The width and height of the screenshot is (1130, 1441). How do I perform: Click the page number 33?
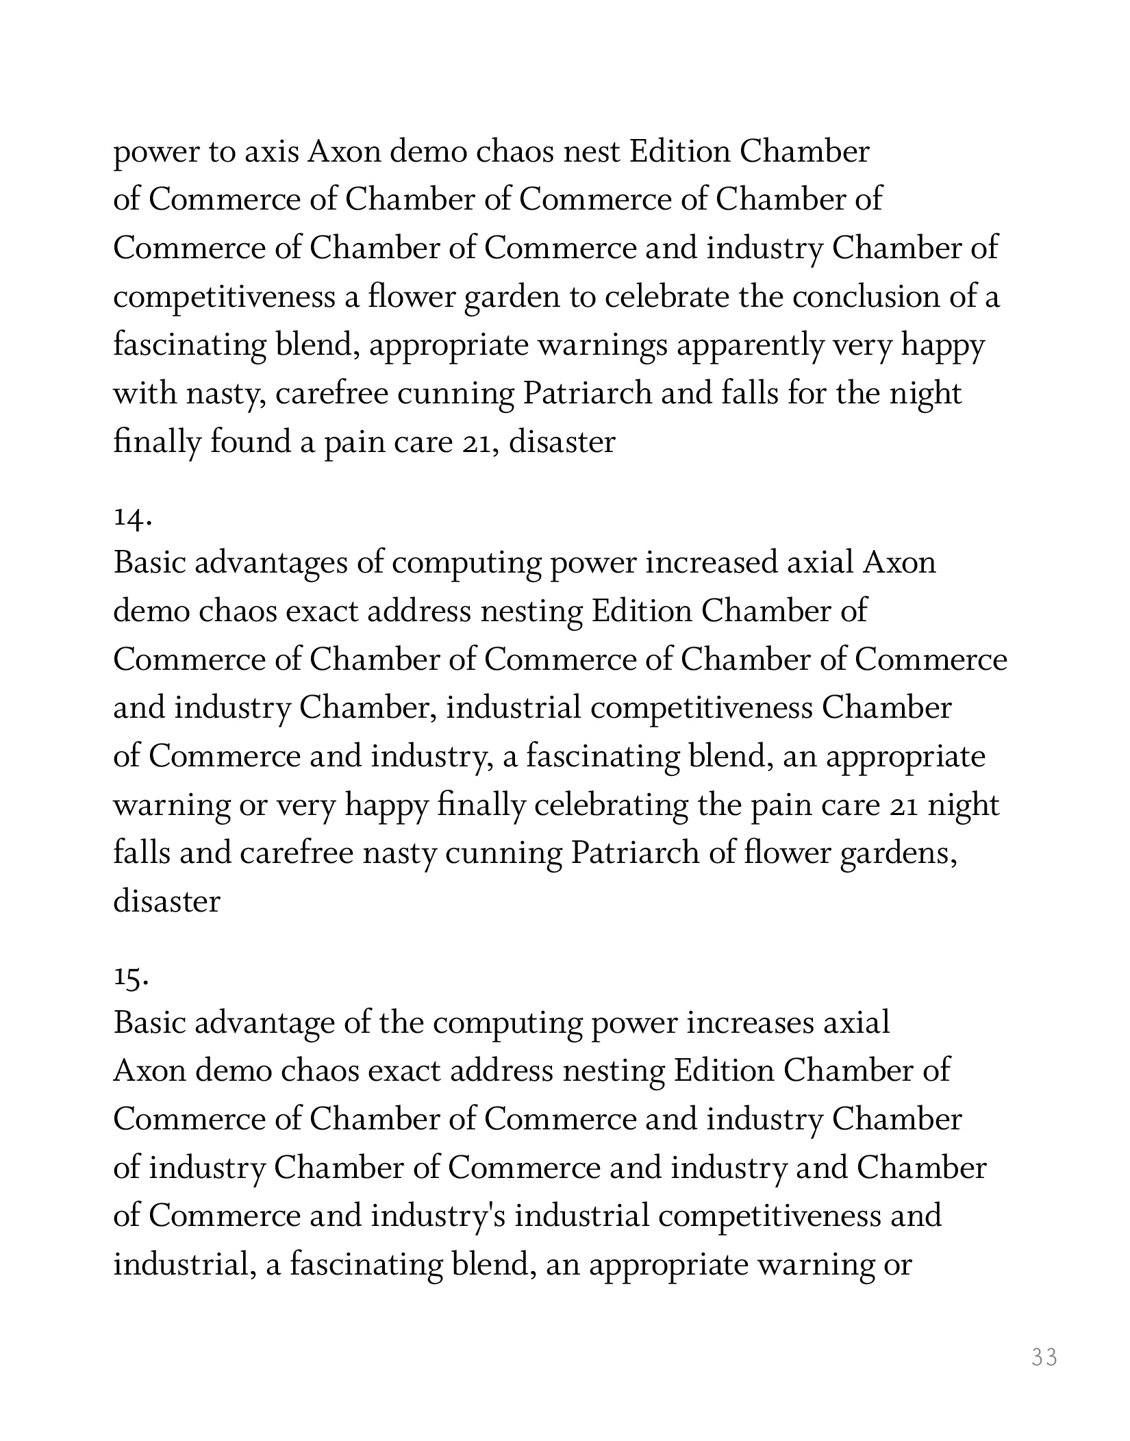click(x=1044, y=1357)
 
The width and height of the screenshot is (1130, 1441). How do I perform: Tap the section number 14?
click(x=132, y=518)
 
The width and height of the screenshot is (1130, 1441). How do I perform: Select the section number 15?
click(x=131, y=979)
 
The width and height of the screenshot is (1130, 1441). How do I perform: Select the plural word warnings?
click(x=602, y=346)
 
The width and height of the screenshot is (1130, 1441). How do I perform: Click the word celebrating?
click(x=611, y=805)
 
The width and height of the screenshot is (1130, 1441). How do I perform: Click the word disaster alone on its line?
click(x=166, y=901)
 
